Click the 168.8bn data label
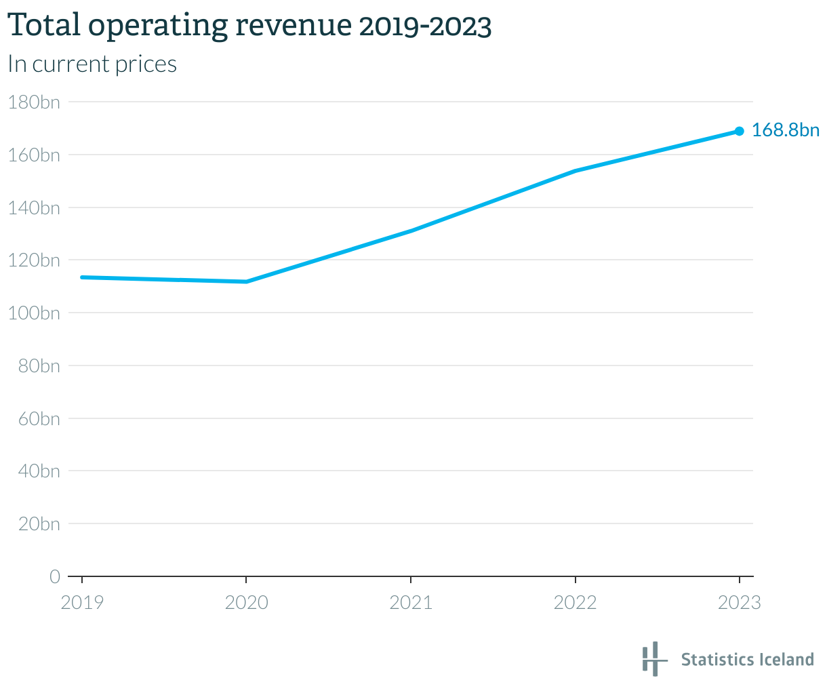point(785,130)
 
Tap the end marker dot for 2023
point(739,131)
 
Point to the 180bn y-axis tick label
point(33,102)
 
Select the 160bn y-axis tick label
point(33,155)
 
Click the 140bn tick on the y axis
point(33,207)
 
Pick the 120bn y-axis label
point(33,260)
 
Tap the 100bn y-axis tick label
point(33,313)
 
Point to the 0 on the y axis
point(54,576)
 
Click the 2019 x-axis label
point(82,602)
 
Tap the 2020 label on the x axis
point(246,602)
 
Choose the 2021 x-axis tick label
point(411,602)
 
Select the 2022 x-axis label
point(575,602)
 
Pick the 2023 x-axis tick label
point(739,602)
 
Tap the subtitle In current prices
point(92,64)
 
